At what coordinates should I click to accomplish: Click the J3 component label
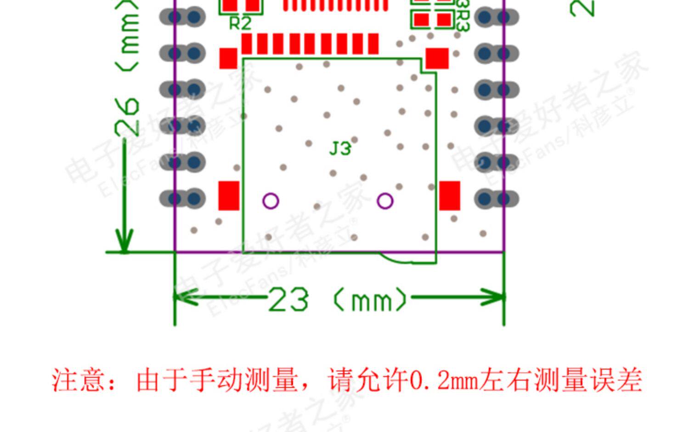[x=340, y=149]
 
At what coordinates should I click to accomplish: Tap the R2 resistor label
[x=240, y=23]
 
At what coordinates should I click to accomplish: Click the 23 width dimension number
[x=288, y=300]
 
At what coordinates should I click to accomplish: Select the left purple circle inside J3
[x=271, y=201]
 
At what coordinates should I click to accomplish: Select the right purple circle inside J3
[x=385, y=201]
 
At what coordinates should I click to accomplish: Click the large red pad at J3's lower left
[x=229, y=196]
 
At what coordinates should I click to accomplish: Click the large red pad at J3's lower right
[x=450, y=196]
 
